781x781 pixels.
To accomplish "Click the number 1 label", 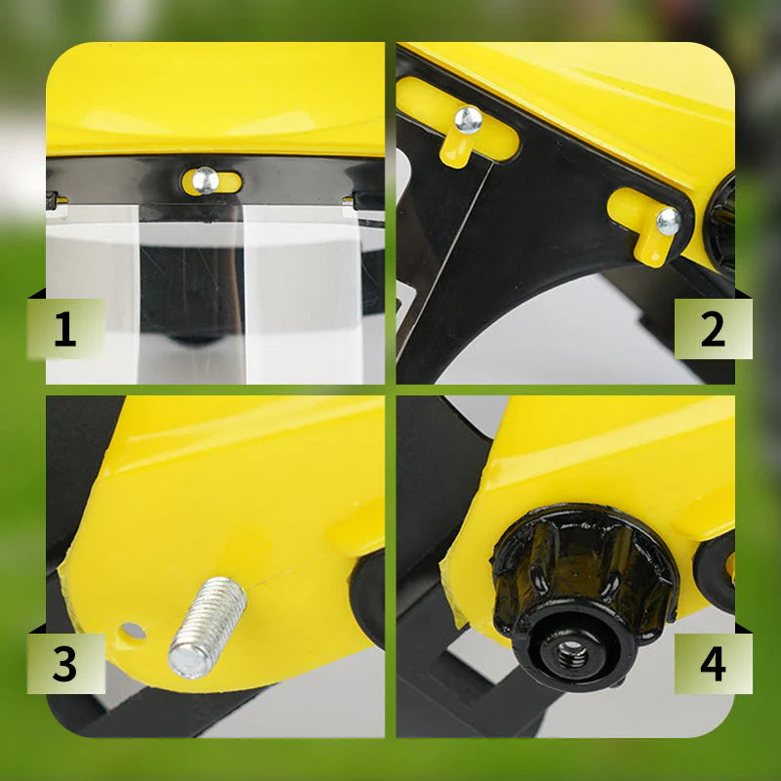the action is [65, 328].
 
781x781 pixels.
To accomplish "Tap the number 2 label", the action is [713, 328].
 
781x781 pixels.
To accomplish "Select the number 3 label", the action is [64, 663].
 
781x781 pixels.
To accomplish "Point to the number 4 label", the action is [713, 663].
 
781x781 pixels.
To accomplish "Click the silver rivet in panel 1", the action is [205, 181].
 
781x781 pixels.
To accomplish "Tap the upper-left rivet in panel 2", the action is [469, 120].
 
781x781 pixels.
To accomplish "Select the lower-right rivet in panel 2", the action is [669, 222].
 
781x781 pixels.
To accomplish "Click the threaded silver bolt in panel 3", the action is [207, 627].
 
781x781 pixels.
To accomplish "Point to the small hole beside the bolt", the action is [134, 631].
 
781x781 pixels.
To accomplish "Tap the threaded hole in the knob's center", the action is [572, 652].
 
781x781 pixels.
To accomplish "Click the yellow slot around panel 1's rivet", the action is [212, 182].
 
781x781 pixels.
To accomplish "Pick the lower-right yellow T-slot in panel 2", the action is [642, 223].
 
